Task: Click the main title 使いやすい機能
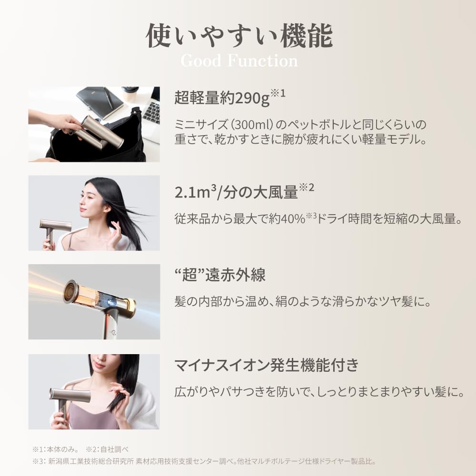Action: pyautogui.click(x=239, y=36)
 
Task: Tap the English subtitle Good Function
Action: pyautogui.click(x=239, y=61)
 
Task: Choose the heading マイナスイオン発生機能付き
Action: pyautogui.click(x=266, y=366)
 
